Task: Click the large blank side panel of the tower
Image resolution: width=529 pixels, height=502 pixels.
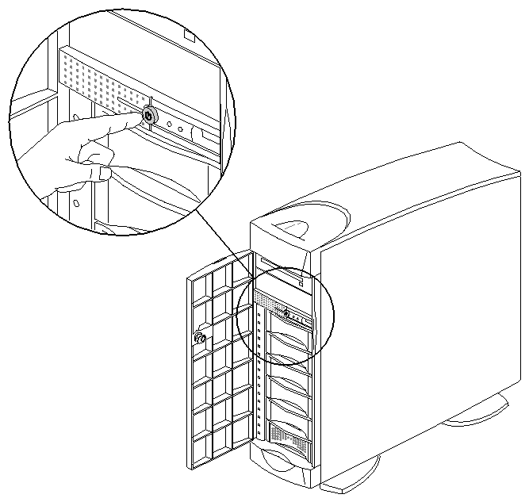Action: click(412, 317)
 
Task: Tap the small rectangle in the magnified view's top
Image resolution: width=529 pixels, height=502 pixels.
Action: click(188, 36)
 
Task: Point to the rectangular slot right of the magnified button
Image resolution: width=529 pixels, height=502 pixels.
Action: click(209, 140)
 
